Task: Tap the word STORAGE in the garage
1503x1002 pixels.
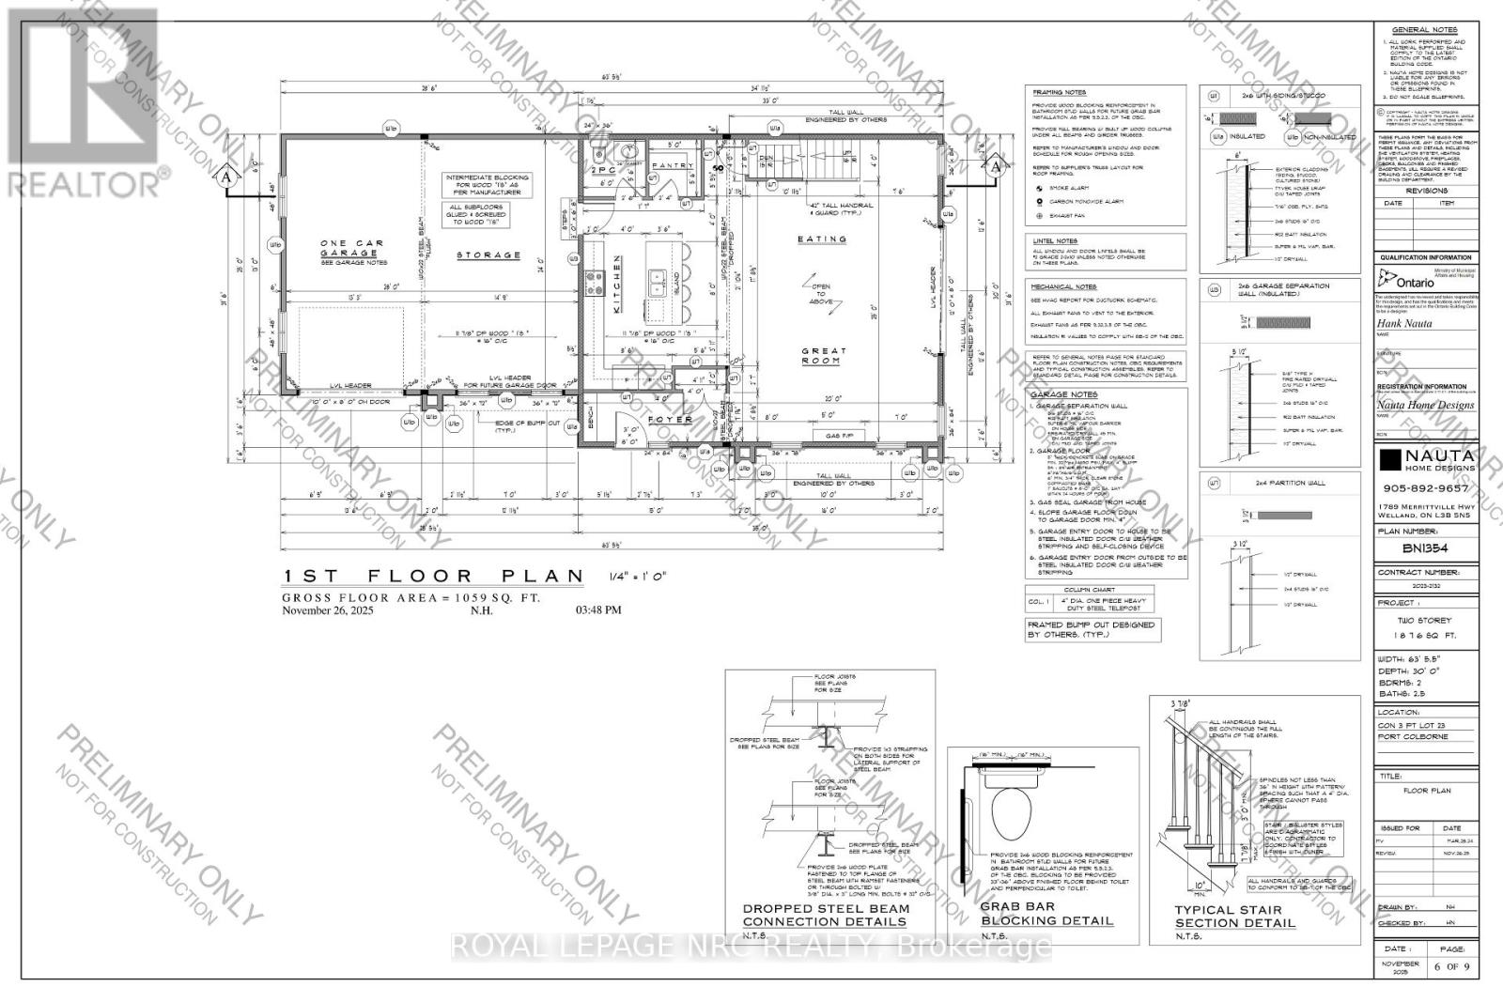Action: pos(488,254)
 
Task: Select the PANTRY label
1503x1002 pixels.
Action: pos(673,165)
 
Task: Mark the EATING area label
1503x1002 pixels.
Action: pos(822,239)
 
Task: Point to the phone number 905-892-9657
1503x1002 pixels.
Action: pos(1427,488)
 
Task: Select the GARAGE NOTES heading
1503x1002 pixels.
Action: pos(1064,395)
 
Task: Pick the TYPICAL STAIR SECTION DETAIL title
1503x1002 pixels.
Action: pos(1234,917)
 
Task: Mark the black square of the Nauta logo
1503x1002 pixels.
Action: pos(1389,459)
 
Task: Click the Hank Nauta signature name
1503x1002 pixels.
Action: pos(1402,322)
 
